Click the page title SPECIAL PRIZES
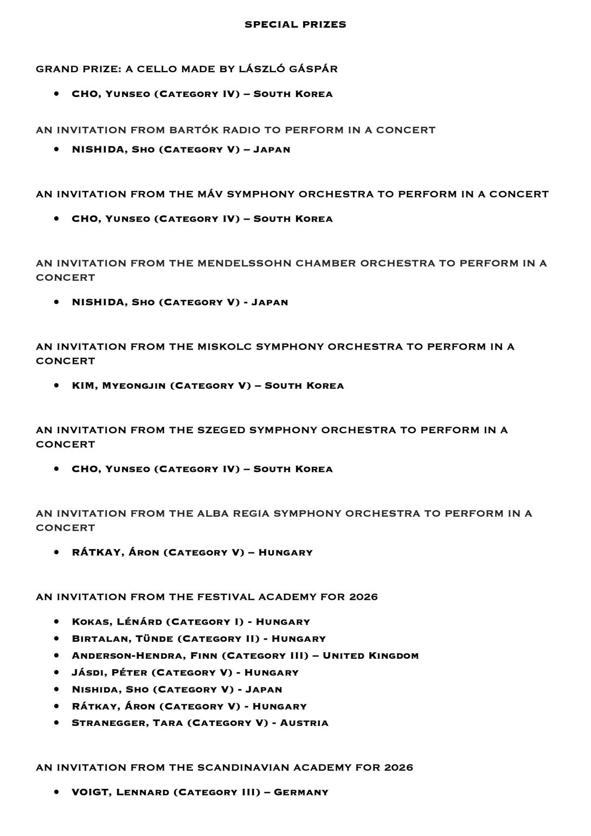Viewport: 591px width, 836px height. click(295, 24)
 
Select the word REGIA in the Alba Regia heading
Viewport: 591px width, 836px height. click(250, 513)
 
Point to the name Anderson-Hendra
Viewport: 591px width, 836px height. click(127, 656)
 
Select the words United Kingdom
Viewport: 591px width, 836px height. click(370, 656)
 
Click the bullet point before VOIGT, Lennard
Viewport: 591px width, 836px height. click(56, 792)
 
